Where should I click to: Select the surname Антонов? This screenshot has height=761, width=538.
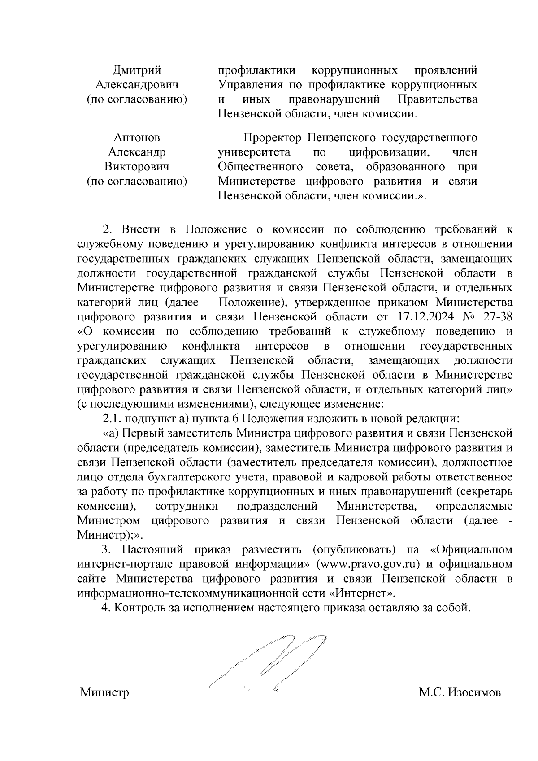(x=137, y=138)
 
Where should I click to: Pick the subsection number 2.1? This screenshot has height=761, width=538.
(x=112, y=419)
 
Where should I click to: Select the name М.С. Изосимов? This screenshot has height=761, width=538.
(x=460, y=705)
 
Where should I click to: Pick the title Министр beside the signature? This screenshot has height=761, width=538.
(x=104, y=705)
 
